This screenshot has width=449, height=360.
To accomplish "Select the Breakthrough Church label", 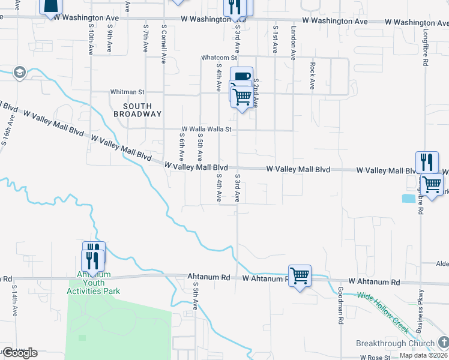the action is point(395,344).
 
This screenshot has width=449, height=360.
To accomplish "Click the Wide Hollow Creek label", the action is point(383,313).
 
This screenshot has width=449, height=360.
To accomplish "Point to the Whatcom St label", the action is point(219,58).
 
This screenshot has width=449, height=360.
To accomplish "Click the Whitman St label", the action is point(127,92).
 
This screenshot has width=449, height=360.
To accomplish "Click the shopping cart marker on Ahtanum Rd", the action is point(300,275).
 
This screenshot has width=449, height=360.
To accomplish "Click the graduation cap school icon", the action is point(19,73).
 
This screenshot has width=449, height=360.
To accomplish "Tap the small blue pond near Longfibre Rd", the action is point(408,198).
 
